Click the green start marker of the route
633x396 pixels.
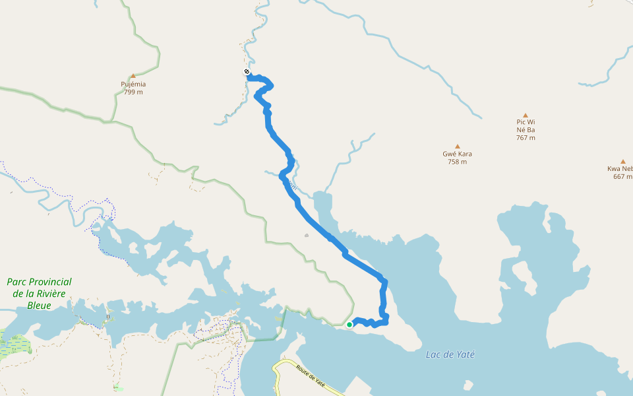coord(349,324)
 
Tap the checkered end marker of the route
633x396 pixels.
coord(247,72)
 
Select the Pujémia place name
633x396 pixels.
coord(133,84)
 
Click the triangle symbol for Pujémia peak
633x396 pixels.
coord(133,76)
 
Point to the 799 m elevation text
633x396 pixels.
coord(133,92)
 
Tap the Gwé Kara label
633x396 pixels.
coord(457,154)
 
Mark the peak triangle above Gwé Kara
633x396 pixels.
coord(457,146)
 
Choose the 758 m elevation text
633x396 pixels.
coord(457,162)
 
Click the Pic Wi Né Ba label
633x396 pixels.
coord(526,125)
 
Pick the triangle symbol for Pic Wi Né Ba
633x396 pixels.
coord(526,115)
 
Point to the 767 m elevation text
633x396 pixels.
coord(526,138)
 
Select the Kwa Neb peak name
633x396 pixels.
coord(620,168)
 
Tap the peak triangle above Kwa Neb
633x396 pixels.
coord(622,161)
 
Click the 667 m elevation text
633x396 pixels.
coord(622,176)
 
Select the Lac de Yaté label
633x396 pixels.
coord(450,354)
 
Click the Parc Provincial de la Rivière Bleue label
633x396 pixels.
coord(40,293)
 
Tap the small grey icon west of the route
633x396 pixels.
coord(307,235)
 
